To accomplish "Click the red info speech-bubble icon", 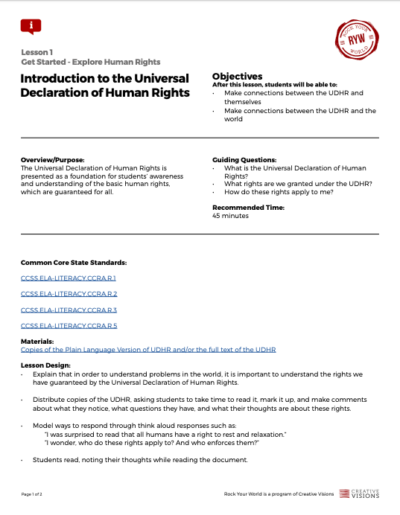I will pos(31,26).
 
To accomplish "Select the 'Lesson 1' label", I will pos(36,52).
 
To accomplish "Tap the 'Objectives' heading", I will pos(237,77).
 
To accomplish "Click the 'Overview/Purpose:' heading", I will pos(52,160).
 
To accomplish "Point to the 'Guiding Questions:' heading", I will pos(244,160).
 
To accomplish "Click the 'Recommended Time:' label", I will pos(248,208).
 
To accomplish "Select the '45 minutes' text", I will pos(230,216).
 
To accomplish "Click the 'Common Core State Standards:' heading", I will pos(73,263).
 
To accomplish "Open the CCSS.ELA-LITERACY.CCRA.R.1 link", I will pos(69,278).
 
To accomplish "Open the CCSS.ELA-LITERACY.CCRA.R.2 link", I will pos(69,294).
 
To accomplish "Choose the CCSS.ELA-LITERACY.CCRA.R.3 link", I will pos(69,310).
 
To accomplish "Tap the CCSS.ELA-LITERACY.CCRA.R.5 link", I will pos(69,325).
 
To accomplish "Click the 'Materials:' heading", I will pos(37,341).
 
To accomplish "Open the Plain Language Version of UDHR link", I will pos(148,349).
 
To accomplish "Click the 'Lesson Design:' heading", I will pos(45,365).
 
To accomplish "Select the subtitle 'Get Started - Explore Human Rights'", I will pos(90,62).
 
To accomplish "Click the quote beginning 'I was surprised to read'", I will pos(165,434).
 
